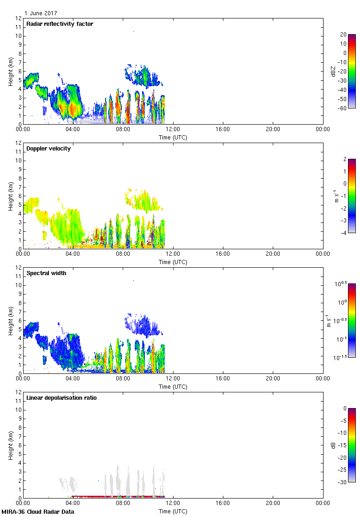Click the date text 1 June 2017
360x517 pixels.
(41, 13)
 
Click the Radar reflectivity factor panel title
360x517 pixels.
(60, 24)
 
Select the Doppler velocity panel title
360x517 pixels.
(48, 148)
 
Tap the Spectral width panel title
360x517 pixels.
(46, 273)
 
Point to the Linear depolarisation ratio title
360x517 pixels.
(61, 397)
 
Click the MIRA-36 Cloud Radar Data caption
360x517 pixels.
(37, 511)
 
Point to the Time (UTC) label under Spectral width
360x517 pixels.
(173, 386)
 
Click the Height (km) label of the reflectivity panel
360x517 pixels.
(10, 71)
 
